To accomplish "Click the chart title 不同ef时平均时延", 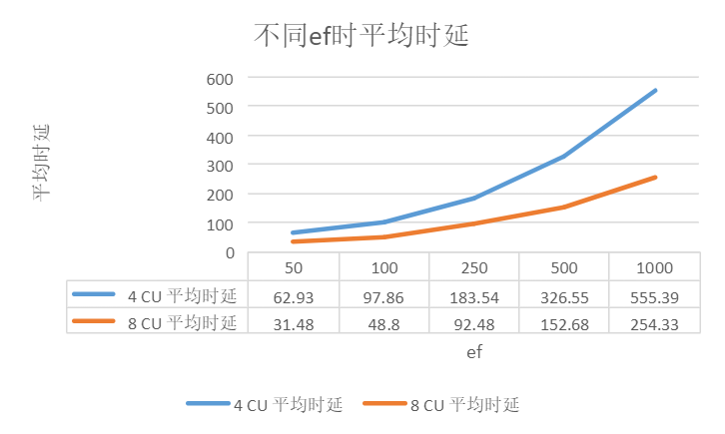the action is point(362,35).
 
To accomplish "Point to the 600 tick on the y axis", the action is point(220,79).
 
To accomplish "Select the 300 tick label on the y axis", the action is point(220,166).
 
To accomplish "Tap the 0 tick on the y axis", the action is point(230,252).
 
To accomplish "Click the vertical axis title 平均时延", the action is point(41,163).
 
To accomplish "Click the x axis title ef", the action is point(474,352).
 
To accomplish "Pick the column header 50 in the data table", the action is point(294,267).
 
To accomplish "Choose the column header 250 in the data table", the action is point(474,267).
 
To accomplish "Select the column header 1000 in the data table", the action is point(654,267).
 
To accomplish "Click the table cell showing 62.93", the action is point(294,297).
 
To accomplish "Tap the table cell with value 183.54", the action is point(474,297).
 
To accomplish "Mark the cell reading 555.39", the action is point(654,297).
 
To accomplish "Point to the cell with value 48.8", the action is point(383,324).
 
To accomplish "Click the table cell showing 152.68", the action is point(564,324).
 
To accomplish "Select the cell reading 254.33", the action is point(654,324).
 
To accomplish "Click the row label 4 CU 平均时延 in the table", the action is point(182,296).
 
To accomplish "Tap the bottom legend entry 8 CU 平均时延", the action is point(464,404).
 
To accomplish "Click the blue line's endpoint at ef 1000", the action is point(655,91).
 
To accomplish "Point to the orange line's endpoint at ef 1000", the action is point(655,178).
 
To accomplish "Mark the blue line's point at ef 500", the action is point(564,157).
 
